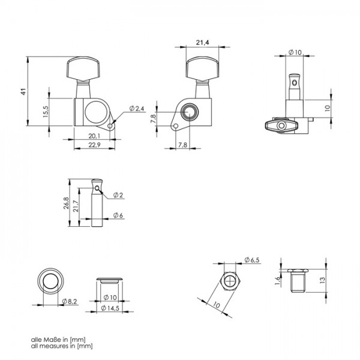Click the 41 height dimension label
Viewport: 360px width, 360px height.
tap(23, 92)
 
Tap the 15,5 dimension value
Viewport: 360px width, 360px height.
tap(46, 112)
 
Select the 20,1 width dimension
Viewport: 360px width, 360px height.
tap(94, 136)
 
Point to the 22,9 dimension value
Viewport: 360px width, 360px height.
tap(94, 145)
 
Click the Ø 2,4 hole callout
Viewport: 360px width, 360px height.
tap(137, 109)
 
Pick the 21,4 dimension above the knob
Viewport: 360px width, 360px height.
tap(203, 42)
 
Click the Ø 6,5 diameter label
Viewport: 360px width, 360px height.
tap(252, 260)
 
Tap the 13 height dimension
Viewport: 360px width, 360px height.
tap(322, 280)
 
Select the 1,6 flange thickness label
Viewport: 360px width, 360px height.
tap(278, 281)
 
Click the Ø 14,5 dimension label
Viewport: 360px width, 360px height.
tap(110, 308)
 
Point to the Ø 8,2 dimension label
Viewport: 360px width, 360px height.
tap(70, 301)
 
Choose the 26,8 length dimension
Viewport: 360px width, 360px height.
tap(66, 203)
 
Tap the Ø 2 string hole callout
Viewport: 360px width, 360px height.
tap(118, 195)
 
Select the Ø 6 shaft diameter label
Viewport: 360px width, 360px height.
tap(118, 215)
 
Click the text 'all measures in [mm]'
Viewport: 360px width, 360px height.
tap(62, 346)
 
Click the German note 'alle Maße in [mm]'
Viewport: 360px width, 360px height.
tap(58, 340)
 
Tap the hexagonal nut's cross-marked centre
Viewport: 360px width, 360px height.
tap(230, 281)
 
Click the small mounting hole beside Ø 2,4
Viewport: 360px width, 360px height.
tap(110, 126)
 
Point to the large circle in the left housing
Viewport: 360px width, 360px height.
tap(96, 112)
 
